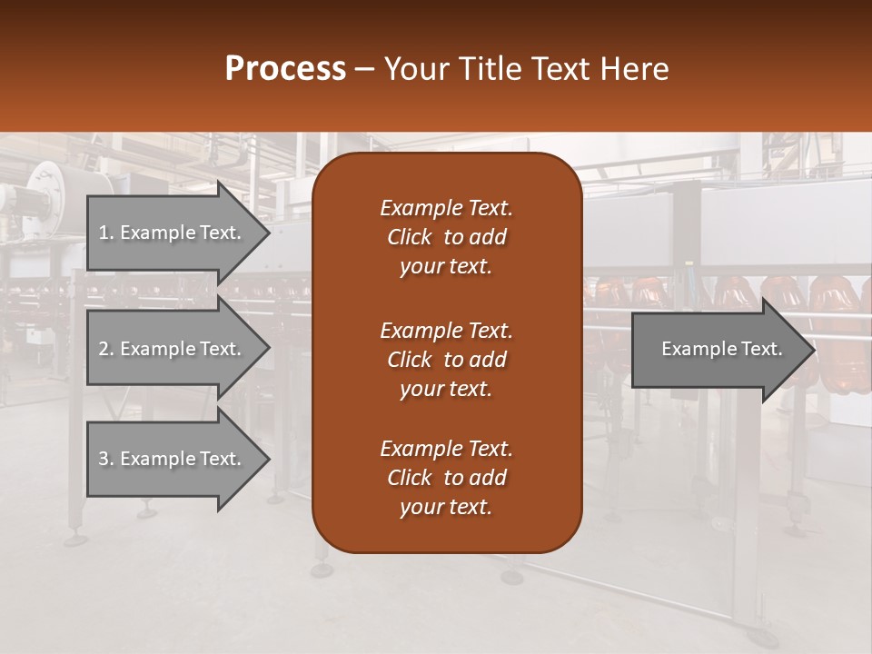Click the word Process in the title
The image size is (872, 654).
285,69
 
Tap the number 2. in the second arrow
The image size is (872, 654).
105,349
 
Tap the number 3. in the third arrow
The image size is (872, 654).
105,459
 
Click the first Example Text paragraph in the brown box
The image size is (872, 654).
446,237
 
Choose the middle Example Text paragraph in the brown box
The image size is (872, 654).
446,360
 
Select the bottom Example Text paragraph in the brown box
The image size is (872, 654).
446,478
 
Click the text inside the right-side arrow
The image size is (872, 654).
721,349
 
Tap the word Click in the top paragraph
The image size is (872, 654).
409,238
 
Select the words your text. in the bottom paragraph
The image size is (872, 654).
446,508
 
